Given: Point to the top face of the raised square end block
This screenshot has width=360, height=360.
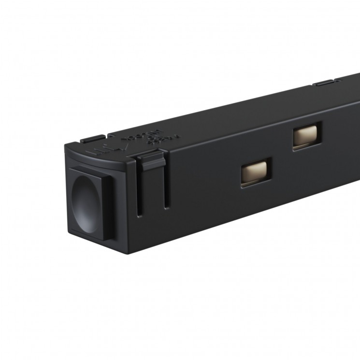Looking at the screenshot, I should click(x=92, y=170).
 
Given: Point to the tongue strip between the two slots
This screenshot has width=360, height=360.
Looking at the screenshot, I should click(x=153, y=188).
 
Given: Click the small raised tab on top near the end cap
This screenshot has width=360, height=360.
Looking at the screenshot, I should click(x=91, y=139).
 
